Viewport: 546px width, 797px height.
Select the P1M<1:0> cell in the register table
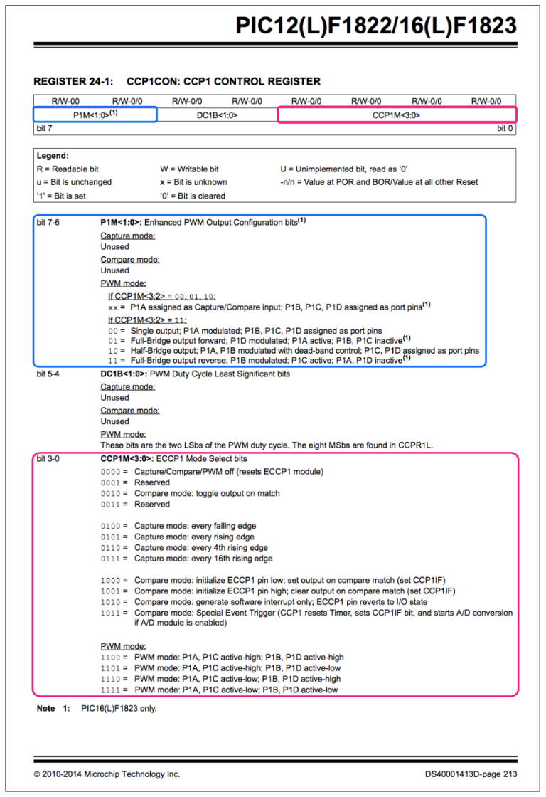95,114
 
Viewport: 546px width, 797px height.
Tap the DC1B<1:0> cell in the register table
217,114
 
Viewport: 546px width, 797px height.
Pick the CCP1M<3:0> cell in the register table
397,114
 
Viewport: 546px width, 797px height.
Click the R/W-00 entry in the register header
65,101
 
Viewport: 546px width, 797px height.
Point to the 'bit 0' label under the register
504,128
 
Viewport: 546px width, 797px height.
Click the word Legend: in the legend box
53,155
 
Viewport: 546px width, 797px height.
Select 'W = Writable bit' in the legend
189,169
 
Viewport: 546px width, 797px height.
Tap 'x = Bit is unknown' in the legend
193,181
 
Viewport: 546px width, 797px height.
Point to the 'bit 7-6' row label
48,223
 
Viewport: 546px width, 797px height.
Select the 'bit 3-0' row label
48,459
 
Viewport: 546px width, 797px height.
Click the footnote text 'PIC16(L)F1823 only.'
119,709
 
